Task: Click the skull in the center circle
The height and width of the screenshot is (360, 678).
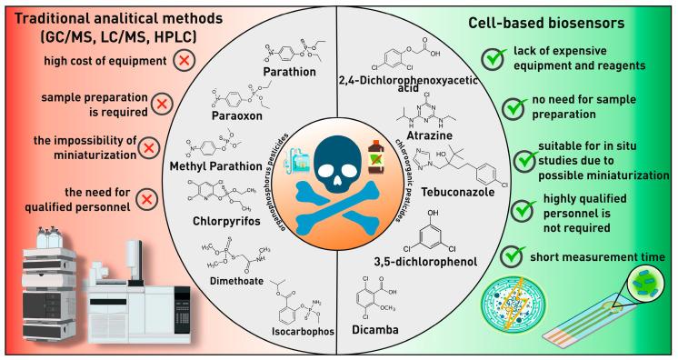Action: (339, 158)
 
